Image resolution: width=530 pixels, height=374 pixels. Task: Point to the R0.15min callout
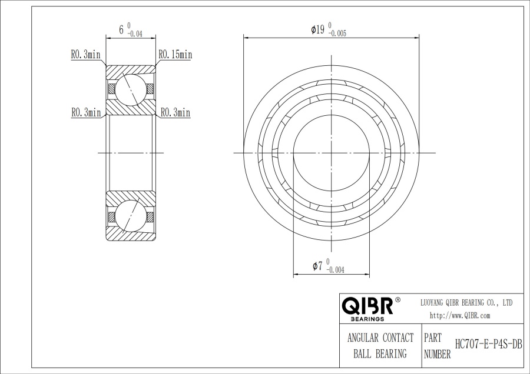pyautogui.click(x=175, y=55)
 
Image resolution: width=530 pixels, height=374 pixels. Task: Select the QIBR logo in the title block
pyautogui.click(x=367, y=306)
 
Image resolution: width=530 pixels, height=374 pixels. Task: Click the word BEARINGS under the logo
pyautogui.click(x=367, y=319)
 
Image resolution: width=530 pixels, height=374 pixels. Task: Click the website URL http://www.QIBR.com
pyautogui.click(x=460, y=316)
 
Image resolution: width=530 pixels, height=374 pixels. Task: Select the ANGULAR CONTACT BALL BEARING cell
pyautogui.click(x=380, y=346)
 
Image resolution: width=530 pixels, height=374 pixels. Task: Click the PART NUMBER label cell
pyautogui.click(x=437, y=346)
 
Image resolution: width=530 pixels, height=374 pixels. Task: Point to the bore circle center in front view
pyautogui.click(x=332, y=153)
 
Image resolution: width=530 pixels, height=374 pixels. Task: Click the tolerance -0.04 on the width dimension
pyautogui.click(x=135, y=34)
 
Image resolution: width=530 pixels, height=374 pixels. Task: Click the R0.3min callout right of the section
pyautogui.click(x=175, y=112)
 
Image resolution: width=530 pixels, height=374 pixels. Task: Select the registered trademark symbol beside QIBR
pyautogui.click(x=397, y=300)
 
